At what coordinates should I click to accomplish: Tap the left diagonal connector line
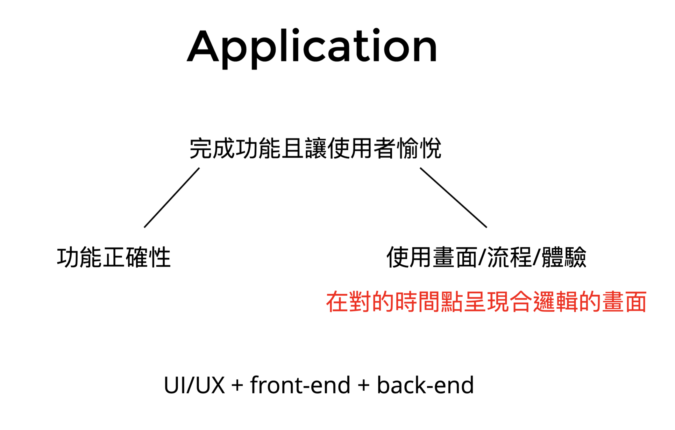pyautogui.click(x=172, y=198)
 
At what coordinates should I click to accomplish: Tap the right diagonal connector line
pyautogui.click(x=453, y=198)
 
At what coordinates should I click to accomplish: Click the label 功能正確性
pyautogui.click(x=114, y=257)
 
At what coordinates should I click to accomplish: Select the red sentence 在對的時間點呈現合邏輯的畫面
pyautogui.click(x=486, y=302)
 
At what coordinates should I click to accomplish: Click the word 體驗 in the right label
pyautogui.click(x=564, y=257)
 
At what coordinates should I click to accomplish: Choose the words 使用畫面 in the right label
pyautogui.click(x=431, y=257)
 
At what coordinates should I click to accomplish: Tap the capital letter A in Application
pyautogui.click(x=203, y=46)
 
